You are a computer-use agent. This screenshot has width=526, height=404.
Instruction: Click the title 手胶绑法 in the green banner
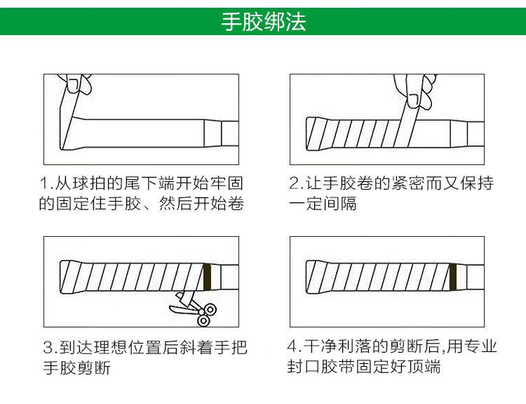coord(263,22)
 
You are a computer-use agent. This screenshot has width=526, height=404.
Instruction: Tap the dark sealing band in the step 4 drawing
coord(453,276)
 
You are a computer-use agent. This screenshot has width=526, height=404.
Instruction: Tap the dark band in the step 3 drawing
coord(207,276)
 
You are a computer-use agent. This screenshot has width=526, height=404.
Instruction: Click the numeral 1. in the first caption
coord(47,185)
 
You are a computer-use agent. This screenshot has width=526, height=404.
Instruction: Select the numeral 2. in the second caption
coord(296,185)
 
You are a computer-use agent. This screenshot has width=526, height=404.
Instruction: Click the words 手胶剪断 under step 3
coord(77,367)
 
